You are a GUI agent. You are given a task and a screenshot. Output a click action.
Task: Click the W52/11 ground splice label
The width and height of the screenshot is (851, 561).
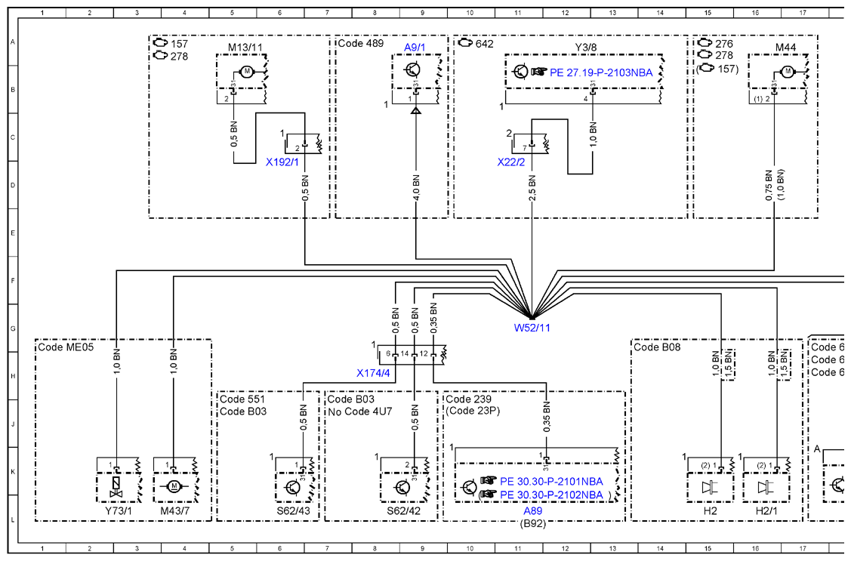coord(532,328)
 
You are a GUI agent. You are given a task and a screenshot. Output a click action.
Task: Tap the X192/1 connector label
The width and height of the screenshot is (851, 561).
coord(282,162)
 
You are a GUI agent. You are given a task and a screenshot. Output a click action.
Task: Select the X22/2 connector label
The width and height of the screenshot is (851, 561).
coord(511,162)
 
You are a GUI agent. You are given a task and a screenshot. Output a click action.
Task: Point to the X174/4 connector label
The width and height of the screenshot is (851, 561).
coord(373,373)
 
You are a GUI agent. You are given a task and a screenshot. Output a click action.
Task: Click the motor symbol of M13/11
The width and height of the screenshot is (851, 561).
coord(246,72)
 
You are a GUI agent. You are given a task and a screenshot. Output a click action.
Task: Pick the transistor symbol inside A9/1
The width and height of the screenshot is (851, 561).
coord(413,70)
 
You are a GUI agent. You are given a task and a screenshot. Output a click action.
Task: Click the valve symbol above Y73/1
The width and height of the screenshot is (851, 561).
coord(116,487)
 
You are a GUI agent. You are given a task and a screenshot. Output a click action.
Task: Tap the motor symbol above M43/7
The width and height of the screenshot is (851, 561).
coord(174,487)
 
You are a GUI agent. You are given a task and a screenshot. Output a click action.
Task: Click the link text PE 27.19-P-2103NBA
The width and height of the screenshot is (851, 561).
coord(601,72)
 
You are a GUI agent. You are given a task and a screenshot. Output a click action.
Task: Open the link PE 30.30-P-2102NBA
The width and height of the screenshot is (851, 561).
coord(551,495)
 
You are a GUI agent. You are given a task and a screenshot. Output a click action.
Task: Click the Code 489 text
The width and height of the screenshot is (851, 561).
coord(360,43)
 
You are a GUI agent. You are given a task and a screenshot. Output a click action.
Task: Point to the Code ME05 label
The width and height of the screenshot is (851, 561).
coord(66,347)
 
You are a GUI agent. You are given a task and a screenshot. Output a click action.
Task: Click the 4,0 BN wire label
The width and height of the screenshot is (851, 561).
coord(416,188)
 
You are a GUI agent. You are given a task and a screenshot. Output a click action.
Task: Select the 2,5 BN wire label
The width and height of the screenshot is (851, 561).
coord(532,188)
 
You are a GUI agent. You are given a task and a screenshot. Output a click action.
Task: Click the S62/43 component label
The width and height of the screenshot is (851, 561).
coord(293,510)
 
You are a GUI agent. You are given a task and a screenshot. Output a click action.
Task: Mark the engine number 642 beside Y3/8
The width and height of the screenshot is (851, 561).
coord(485,43)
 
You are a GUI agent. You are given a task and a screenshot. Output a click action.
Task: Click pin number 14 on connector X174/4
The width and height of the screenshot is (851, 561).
coord(404,354)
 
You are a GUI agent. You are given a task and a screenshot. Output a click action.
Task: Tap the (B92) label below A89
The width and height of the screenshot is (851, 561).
coord(532,523)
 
